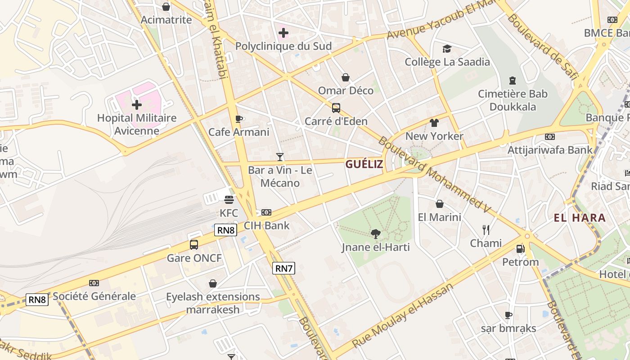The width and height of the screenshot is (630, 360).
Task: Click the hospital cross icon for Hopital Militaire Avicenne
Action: click(x=137, y=105)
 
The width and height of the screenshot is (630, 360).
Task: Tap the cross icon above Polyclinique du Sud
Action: click(x=283, y=32)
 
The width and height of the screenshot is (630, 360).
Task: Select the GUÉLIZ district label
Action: click(x=364, y=164)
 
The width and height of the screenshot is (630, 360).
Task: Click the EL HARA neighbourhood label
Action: click(x=580, y=218)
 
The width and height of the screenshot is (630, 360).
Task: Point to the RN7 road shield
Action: click(x=284, y=269)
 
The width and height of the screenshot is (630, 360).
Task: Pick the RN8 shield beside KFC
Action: click(x=226, y=230)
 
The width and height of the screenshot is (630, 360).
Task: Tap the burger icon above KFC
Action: click(x=229, y=199)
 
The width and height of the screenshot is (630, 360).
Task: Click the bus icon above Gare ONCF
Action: click(x=194, y=245)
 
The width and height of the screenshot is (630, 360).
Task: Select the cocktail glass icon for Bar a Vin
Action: click(x=280, y=157)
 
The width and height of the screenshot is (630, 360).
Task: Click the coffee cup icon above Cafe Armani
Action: click(x=239, y=119)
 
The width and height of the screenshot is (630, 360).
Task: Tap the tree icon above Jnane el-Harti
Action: click(x=376, y=234)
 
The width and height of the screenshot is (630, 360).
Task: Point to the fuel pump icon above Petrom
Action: click(x=520, y=248)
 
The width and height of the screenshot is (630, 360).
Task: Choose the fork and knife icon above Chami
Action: click(x=486, y=230)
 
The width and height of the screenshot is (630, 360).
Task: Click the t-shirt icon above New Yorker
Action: click(x=434, y=122)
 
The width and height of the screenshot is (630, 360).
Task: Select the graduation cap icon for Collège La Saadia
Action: click(x=447, y=49)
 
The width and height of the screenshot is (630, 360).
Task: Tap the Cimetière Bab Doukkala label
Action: click(x=513, y=100)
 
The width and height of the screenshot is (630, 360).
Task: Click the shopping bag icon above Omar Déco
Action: click(x=346, y=77)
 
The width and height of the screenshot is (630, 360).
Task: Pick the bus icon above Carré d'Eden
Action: click(x=336, y=108)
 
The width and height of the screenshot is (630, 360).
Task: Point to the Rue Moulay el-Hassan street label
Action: click(x=403, y=316)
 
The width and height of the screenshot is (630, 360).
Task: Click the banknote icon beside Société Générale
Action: click(x=94, y=283)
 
